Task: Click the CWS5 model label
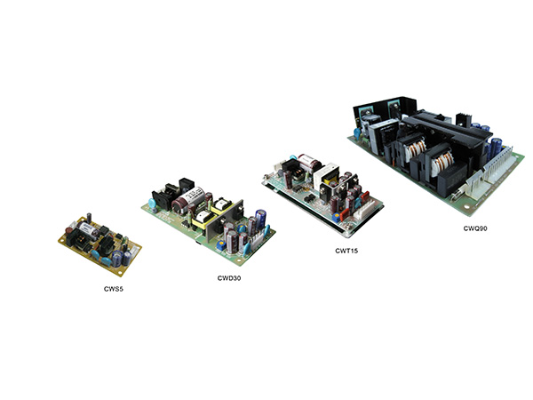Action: pos(114,289)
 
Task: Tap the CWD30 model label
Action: pos(229,278)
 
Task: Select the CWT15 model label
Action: pos(346,251)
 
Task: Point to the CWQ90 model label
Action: pos(475,228)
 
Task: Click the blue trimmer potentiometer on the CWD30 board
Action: pos(220,244)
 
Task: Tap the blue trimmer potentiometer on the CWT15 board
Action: pos(337,216)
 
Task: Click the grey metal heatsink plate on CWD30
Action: pos(225,219)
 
